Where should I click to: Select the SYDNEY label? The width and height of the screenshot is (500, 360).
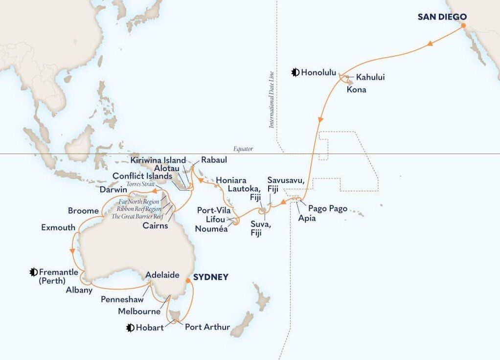click(211, 277)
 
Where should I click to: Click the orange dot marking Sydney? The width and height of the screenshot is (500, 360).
click(187, 281)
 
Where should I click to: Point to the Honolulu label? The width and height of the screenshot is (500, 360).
click(319, 73)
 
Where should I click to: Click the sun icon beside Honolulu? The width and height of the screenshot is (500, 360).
click(295, 73)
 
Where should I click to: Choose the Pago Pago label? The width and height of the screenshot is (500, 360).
click(328, 208)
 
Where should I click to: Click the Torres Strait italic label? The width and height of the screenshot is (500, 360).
click(141, 184)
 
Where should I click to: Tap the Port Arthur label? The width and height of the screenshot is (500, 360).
click(207, 327)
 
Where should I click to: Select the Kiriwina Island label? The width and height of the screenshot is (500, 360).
click(159, 160)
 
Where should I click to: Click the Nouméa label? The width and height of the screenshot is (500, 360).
click(211, 228)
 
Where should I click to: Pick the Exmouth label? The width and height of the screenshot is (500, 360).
click(58, 227)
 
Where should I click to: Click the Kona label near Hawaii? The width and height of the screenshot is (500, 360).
click(357, 90)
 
